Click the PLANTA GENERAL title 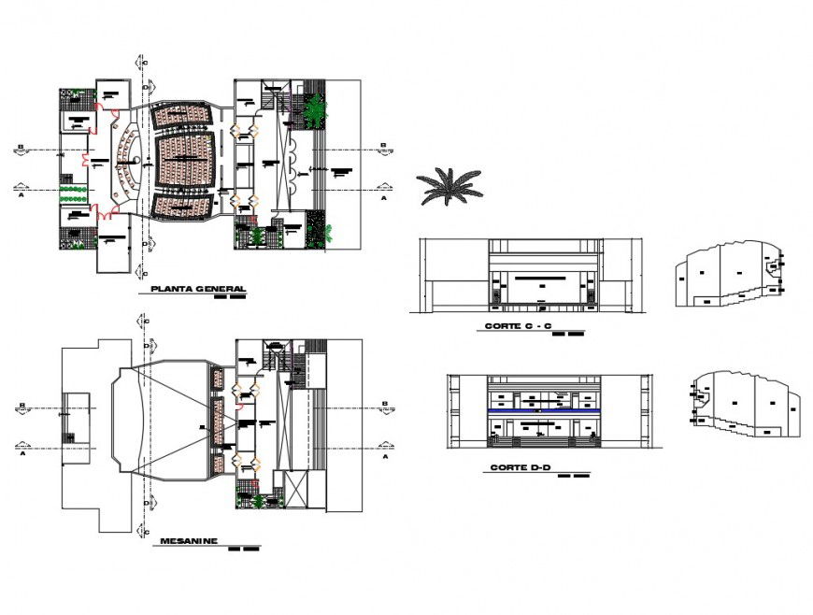pos(198,289)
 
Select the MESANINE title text pos(189,540)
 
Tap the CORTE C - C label pos(518,326)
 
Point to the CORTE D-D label pos(517,467)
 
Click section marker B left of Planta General pos(20,146)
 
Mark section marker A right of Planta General pos(382,198)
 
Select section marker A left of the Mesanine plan pos(20,458)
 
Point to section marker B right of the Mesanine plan pos(382,405)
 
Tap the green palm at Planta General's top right pos(315,109)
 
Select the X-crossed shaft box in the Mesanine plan pos(295,492)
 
